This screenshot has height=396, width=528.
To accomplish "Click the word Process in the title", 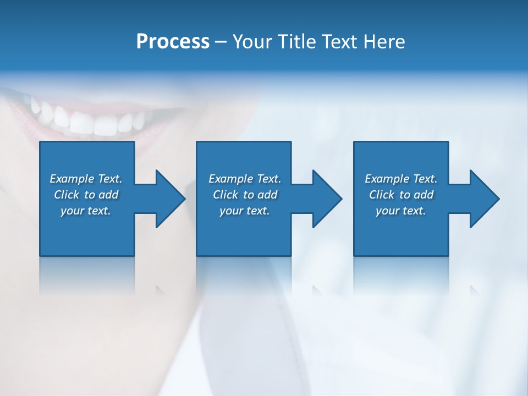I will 173,42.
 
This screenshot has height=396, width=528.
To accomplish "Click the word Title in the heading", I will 298,42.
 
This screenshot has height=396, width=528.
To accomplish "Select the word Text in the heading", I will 342,42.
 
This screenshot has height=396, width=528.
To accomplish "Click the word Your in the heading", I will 253,42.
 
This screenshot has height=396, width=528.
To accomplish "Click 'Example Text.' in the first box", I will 86,179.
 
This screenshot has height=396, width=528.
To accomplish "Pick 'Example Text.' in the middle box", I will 245,179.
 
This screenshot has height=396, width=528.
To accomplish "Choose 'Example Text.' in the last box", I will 401,179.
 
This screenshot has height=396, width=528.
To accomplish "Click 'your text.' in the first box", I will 86,211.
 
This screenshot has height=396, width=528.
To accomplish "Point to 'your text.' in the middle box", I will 245,211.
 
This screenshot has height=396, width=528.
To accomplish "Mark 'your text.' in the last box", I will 401,211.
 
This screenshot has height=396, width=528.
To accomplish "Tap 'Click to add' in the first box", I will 86,195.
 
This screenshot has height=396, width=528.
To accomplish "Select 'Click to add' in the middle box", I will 245,195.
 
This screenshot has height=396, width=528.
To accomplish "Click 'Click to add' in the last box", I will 401,195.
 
